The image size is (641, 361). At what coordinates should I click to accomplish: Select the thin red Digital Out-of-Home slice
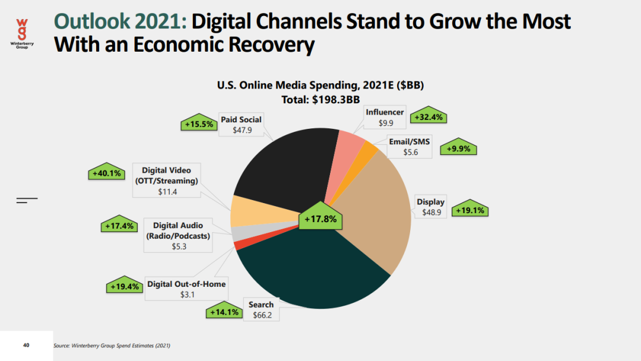(x=237, y=245)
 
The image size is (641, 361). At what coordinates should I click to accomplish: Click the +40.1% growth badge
(x=106, y=173)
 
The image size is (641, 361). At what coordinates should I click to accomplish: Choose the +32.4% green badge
(x=429, y=116)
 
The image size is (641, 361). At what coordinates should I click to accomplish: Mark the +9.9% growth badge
(x=459, y=148)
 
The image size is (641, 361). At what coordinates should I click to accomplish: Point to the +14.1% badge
(x=224, y=311)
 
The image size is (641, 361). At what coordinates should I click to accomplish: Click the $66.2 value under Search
(x=262, y=315)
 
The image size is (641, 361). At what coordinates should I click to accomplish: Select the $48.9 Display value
(x=431, y=212)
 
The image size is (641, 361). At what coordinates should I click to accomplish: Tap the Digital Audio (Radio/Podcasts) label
(x=178, y=230)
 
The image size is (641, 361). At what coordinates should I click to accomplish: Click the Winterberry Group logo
(x=22, y=36)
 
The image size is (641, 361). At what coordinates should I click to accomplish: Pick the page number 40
(x=26, y=345)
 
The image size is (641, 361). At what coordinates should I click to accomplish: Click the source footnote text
(x=116, y=346)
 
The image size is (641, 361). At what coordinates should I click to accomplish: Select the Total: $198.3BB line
(x=320, y=100)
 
